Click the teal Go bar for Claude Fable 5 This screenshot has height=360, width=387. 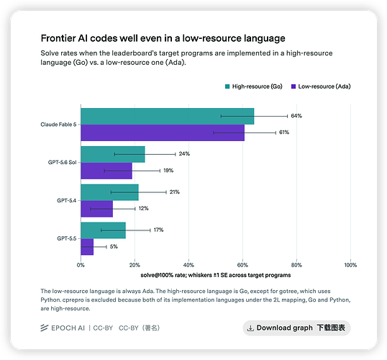(x=168, y=117)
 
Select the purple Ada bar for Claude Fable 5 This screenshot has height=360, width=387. (x=163, y=132)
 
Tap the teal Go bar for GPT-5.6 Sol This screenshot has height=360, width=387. (x=113, y=154)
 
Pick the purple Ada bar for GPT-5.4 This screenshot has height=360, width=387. (x=96, y=209)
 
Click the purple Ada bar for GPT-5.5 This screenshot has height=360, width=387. (x=87, y=247)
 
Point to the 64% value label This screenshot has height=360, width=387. (x=296, y=116)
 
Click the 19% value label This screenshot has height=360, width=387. (x=168, y=171)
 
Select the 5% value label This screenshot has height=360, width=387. (x=114, y=246)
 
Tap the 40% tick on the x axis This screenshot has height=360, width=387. (x=188, y=265)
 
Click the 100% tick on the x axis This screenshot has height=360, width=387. (x=350, y=265)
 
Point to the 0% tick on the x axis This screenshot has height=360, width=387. (x=81, y=265)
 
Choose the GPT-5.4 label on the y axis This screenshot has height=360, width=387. (x=67, y=200)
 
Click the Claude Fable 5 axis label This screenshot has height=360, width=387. (x=58, y=125)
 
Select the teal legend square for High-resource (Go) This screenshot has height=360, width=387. (x=227, y=86)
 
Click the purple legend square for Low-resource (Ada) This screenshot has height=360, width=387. (x=293, y=86)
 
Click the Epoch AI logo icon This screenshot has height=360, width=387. (x=45, y=328)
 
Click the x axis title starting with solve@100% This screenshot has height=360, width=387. (x=216, y=275)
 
